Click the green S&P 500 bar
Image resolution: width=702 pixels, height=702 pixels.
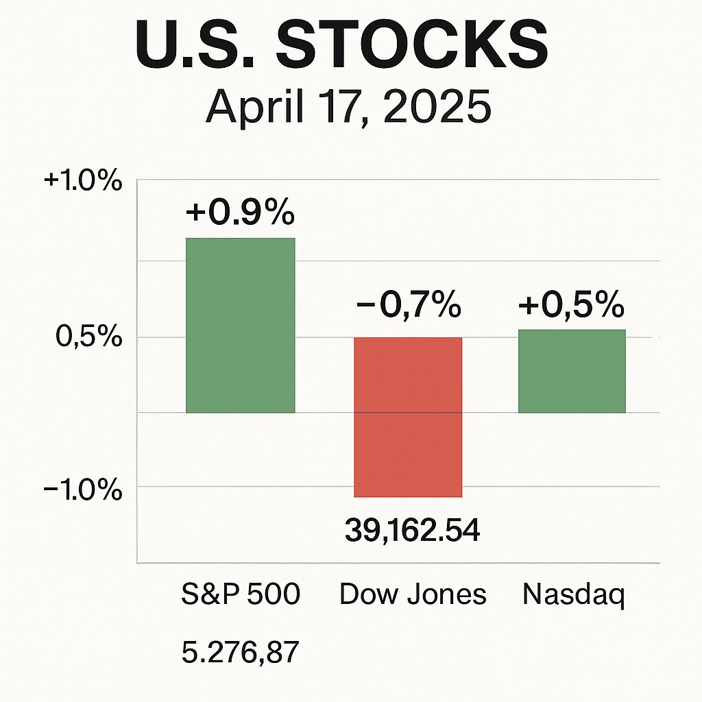(x=241, y=326)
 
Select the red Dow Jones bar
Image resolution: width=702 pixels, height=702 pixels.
(x=408, y=417)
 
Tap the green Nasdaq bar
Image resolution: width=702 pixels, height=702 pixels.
(x=572, y=371)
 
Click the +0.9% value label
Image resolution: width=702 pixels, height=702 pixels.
(x=240, y=213)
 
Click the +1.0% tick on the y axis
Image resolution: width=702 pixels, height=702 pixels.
(x=83, y=183)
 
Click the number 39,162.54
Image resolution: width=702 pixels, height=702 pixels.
(x=412, y=530)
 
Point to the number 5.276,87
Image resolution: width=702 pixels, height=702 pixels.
(x=241, y=652)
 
